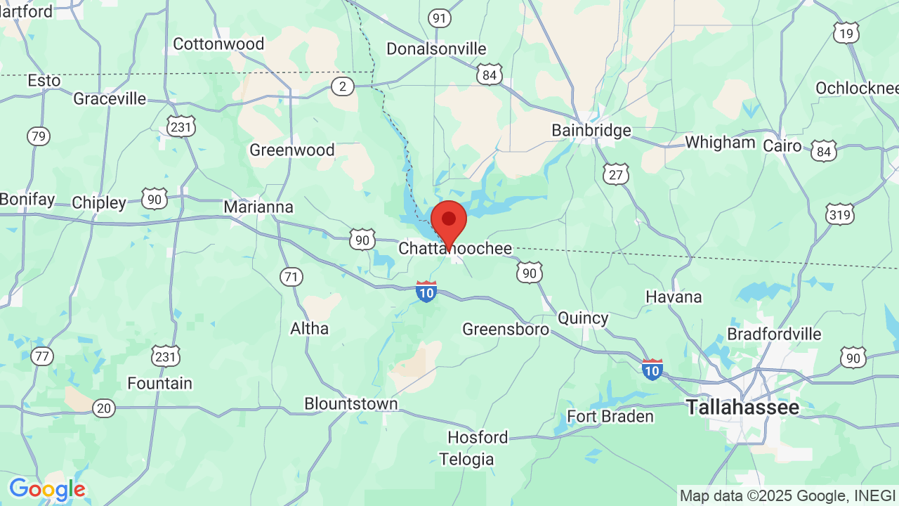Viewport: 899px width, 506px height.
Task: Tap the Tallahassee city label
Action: [x=742, y=407]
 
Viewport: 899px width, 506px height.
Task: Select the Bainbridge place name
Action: [x=591, y=131]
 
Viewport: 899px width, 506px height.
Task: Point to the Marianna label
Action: [x=258, y=207]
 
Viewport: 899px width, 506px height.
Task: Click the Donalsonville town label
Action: [x=436, y=48]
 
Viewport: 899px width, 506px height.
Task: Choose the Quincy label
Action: [x=583, y=318]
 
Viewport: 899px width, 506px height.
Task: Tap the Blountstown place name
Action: [x=350, y=404]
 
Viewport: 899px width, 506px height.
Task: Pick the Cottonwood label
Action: [x=218, y=44]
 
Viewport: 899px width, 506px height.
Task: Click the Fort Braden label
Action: [x=610, y=417]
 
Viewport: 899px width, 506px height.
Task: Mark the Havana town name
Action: [x=674, y=297]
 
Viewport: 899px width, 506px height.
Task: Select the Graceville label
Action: [x=110, y=98]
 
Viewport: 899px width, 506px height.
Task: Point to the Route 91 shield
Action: [x=440, y=18]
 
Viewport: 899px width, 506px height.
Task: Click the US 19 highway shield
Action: [x=846, y=32]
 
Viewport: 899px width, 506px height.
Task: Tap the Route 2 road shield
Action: [x=342, y=86]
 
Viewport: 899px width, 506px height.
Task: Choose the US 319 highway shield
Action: [x=840, y=214]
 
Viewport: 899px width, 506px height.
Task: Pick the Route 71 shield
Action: [x=291, y=277]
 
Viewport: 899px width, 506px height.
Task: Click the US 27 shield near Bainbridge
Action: [x=615, y=174]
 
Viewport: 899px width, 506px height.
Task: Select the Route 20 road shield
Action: [x=104, y=408]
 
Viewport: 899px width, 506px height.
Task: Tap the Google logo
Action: [x=47, y=489]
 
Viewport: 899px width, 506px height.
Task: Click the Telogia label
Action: [x=466, y=460]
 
